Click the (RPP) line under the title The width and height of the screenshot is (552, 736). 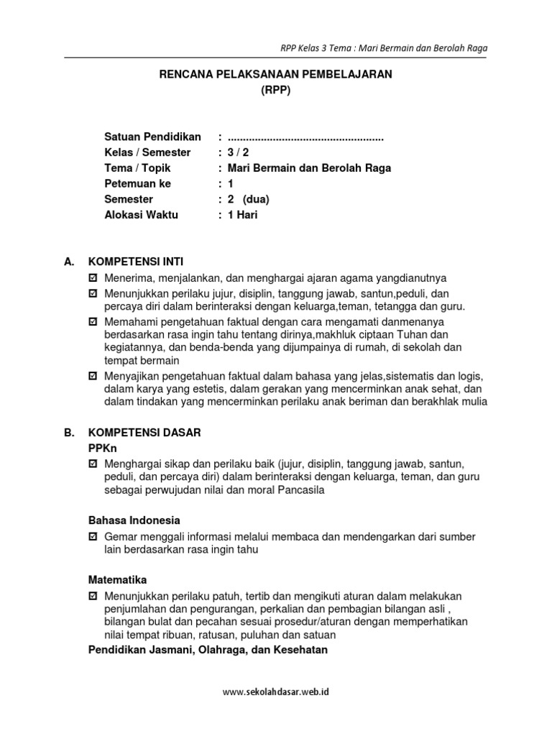tap(276, 91)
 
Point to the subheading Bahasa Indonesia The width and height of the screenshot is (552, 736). tap(134, 520)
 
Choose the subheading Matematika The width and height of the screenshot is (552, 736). tap(117, 579)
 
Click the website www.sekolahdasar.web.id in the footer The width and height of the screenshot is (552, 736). tap(276, 692)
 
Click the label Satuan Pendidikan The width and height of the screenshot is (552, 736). tap(152, 137)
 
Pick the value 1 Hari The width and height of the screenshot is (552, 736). tap(242, 215)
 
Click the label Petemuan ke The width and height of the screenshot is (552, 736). tap(138, 184)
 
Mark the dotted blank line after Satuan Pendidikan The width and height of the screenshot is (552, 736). tap(305, 137)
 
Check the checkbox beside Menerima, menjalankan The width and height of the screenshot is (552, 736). tap(92, 278)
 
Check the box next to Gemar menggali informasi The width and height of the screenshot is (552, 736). tap(92, 537)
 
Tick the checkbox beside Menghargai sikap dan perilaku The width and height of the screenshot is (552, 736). tap(92, 464)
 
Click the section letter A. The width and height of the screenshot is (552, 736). tap(68, 263)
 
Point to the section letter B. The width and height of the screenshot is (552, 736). tap(68, 433)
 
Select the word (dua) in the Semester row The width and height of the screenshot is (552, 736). tap(257, 199)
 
